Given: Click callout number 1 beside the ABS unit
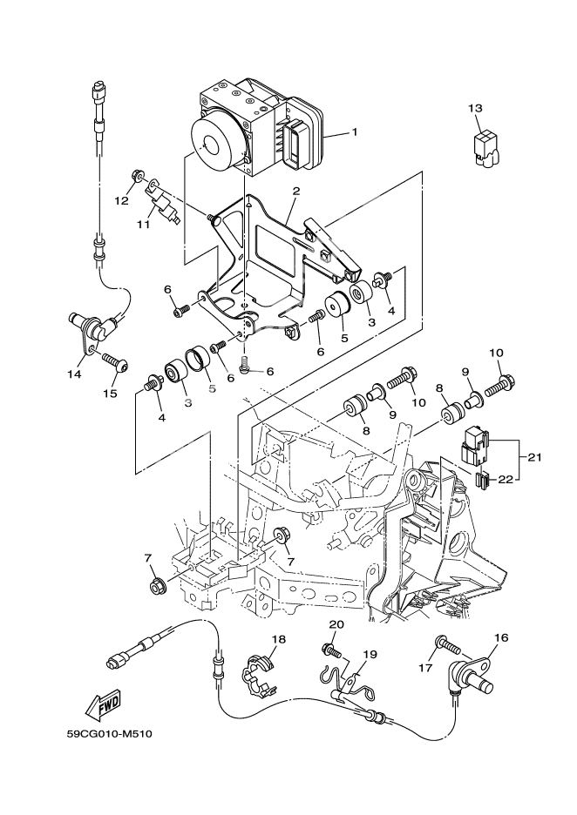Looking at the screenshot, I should point(355,133).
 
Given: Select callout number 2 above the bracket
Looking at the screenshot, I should point(296,191).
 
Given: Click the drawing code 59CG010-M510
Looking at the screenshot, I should point(110,734).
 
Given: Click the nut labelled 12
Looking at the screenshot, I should point(137,178).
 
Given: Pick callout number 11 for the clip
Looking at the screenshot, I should point(144,224).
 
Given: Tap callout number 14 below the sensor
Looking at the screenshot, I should point(74,374).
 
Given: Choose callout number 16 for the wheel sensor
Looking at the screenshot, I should point(501,638).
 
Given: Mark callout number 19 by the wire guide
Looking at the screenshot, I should point(370,654).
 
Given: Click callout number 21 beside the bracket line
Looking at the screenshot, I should point(534,456).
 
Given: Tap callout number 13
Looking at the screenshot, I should point(474,108).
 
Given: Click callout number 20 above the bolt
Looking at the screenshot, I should point(336,624).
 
